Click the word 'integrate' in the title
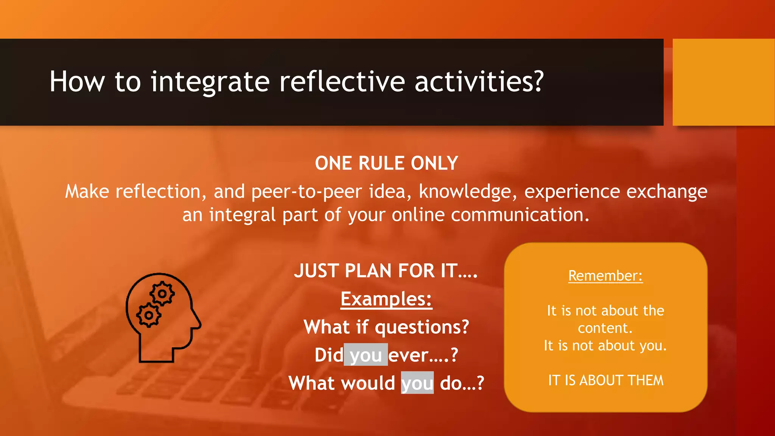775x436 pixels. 210,82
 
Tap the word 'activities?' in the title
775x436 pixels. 479,82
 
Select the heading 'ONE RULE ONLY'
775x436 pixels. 386,163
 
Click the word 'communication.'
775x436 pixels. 520,215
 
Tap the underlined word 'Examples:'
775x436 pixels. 386,299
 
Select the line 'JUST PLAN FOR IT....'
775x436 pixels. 386,271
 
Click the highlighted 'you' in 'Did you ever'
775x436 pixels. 366,355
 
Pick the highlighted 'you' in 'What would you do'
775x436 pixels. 417,383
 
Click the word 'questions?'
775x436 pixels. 422,327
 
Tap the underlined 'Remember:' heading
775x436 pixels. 605,276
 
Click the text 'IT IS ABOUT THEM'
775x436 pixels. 605,380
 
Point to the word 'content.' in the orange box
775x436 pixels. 605,328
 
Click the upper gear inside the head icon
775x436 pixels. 162,294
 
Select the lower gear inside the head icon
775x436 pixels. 149,315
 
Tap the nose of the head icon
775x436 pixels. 198,324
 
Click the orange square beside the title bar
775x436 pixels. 724,82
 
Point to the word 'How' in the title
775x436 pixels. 77,82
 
